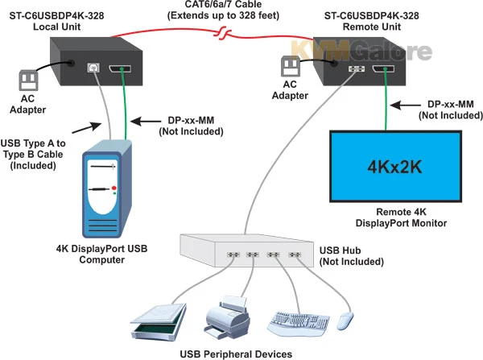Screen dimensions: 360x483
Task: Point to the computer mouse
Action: click(x=347, y=320)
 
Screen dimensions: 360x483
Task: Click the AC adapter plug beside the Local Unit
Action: click(x=30, y=81)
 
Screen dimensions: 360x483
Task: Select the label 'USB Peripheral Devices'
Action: click(x=236, y=353)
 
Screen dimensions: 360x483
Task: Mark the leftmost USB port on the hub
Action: click(x=231, y=254)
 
